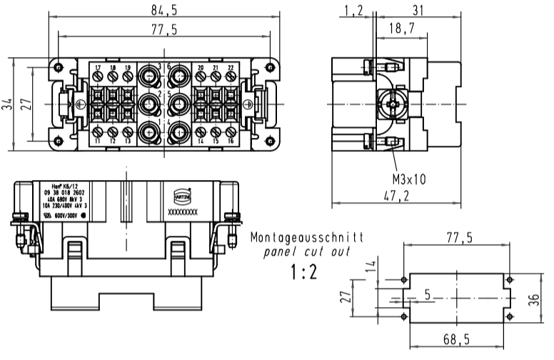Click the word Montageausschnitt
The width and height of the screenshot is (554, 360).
click(307, 236)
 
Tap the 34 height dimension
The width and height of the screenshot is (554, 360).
click(7, 104)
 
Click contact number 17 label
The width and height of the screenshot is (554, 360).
click(99, 68)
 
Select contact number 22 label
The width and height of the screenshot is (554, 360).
click(231, 68)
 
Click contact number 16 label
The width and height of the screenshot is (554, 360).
click(231, 141)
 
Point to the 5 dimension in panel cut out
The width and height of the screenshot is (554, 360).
click(427, 293)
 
